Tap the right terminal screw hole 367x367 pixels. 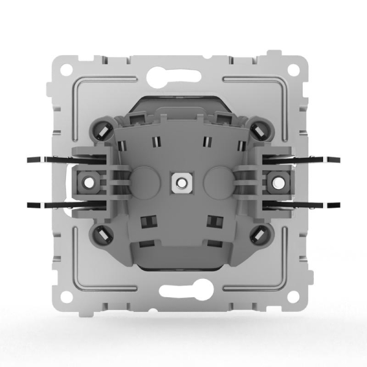tap(273, 182)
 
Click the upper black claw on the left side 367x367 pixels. tap(49, 161)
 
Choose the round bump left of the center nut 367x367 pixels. tap(146, 182)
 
